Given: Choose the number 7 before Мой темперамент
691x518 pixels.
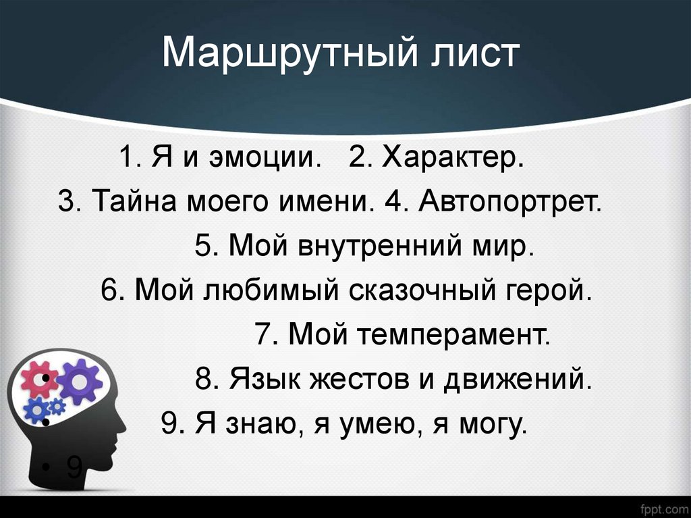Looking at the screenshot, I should [263, 334].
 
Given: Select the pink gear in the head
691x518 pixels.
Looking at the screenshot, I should [38, 379].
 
